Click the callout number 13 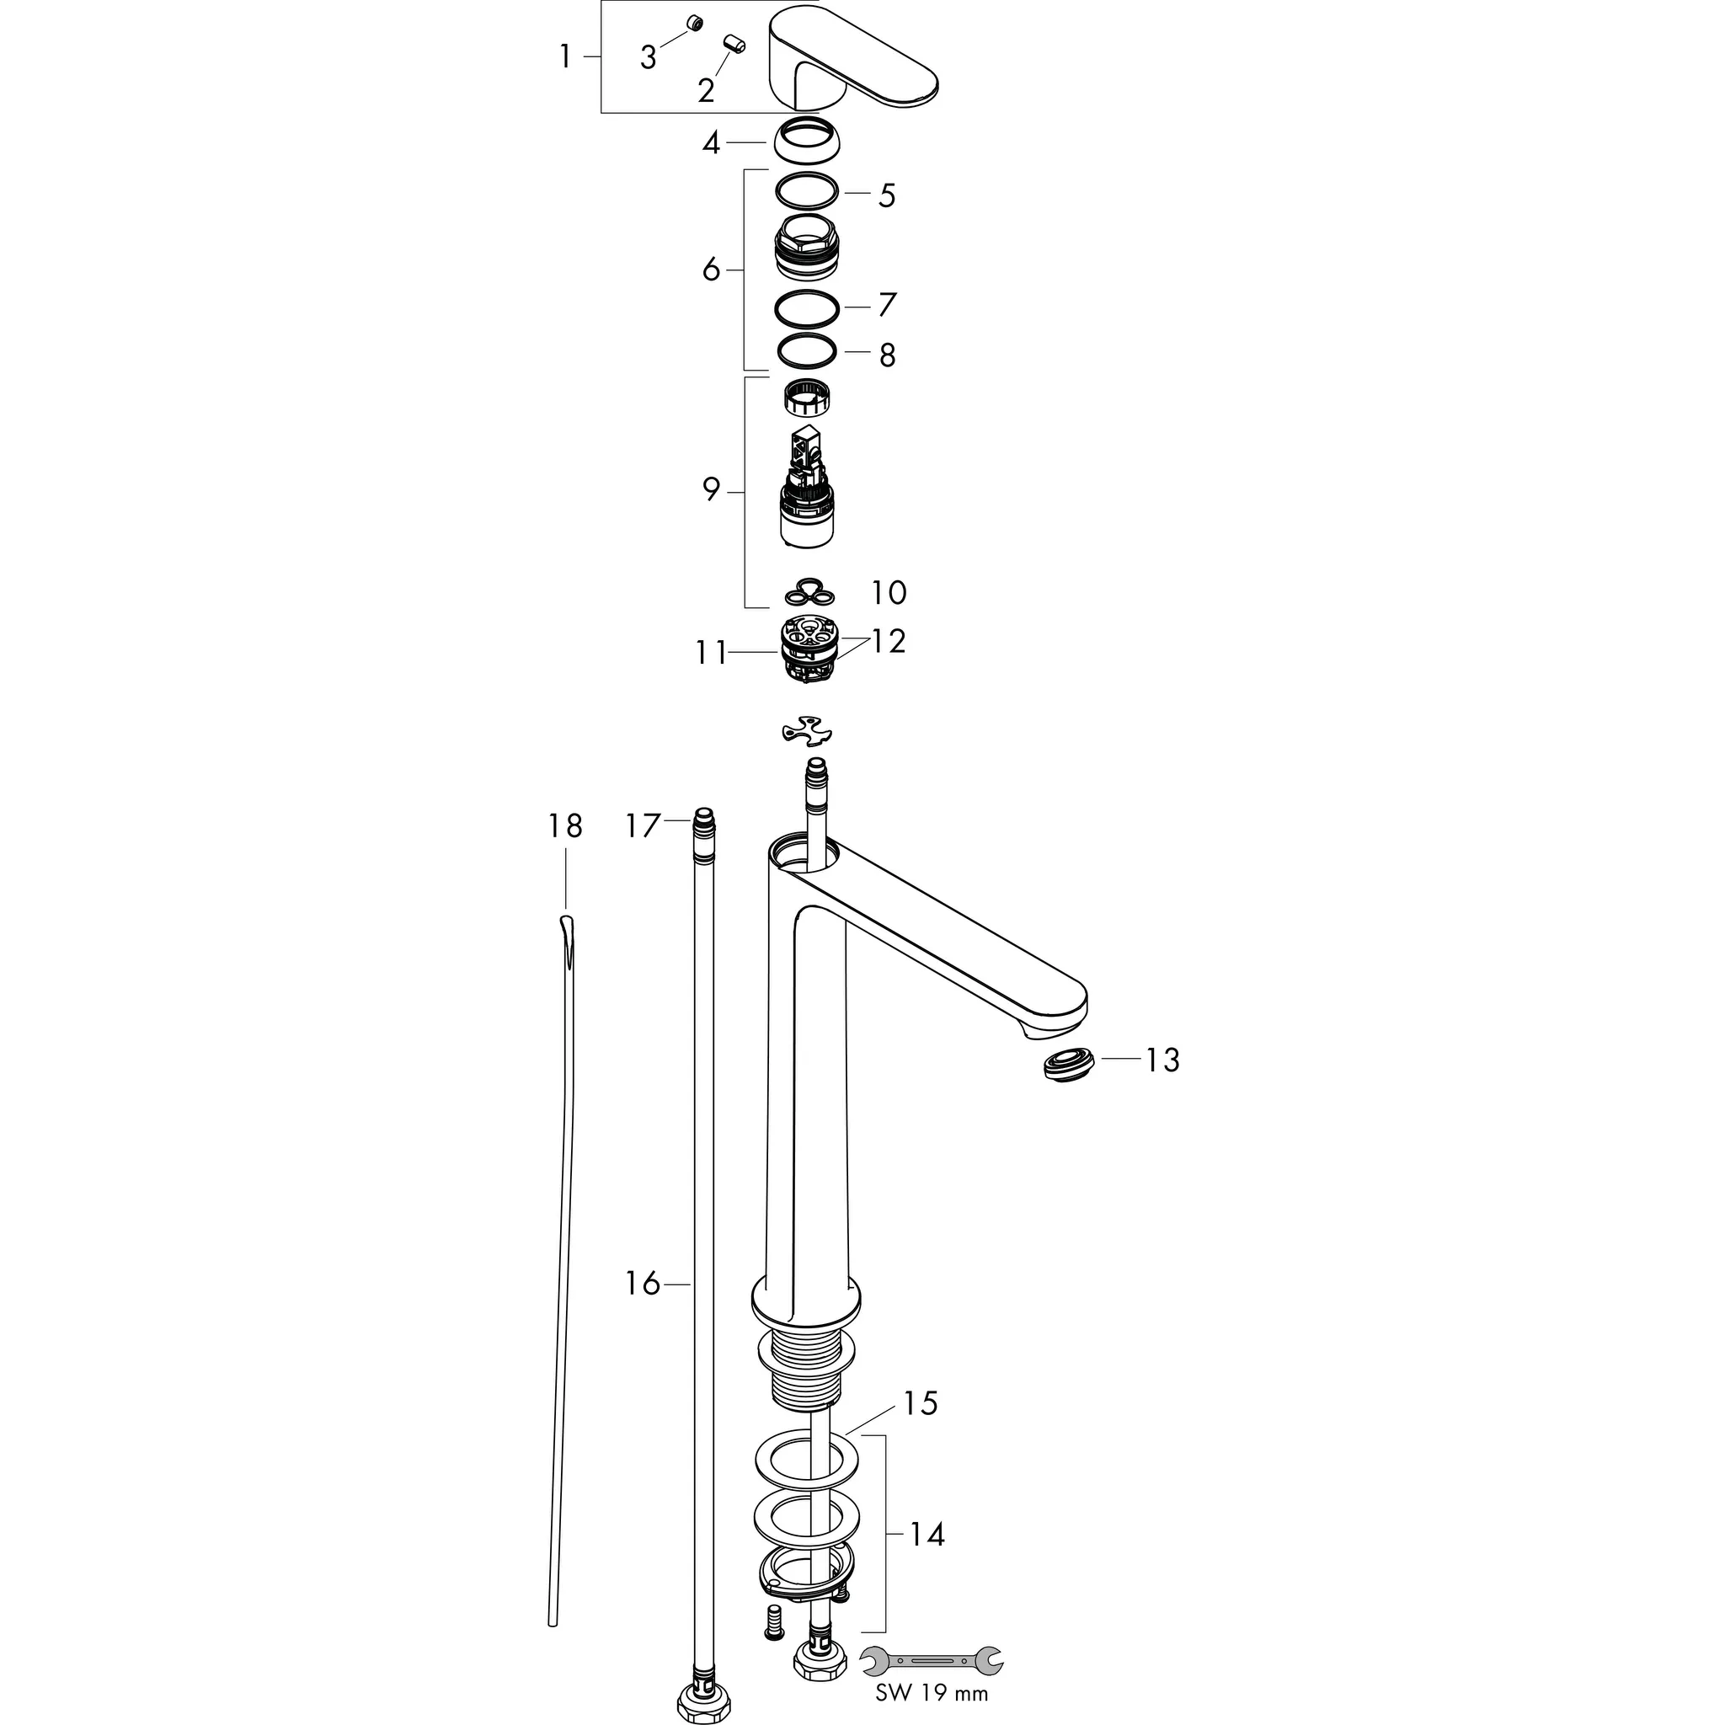point(1162,1060)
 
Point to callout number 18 point(565,826)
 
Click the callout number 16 point(642,1284)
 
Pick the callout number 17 point(642,826)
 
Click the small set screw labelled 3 point(693,24)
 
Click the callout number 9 point(711,489)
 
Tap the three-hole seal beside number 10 point(809,592)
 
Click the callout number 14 point(927,1534)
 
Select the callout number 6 point(711,269)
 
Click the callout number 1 point(564,56)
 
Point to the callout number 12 point(889,641)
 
